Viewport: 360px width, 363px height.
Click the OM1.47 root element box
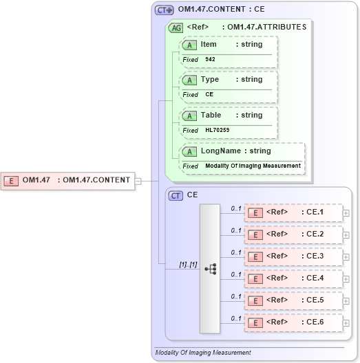(x=68, y=180)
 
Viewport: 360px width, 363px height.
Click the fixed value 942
(x=210, y=59)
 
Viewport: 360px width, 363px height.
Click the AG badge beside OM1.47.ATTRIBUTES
(x=176, y=27)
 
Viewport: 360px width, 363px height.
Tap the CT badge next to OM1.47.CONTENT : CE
(x=164, y=10)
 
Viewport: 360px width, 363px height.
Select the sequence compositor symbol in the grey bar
(x=210, y=268)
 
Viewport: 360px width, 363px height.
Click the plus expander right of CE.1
(x=346, y=213)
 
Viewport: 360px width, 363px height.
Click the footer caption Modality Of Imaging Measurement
(x=202, y=353)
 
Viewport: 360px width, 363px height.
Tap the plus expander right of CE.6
(x=346, y=322)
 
